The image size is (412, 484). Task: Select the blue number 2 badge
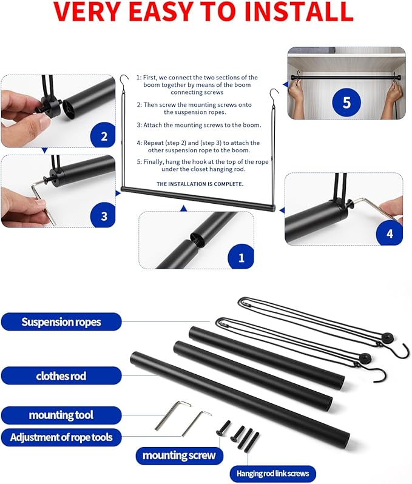click(103, 135)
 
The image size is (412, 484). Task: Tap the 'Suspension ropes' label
click(61, 321)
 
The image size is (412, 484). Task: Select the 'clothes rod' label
click(61, 375)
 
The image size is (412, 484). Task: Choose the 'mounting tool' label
click(61, 415)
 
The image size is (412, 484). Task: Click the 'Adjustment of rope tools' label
click(61, 437)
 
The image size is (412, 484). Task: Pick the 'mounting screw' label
click(179, 455)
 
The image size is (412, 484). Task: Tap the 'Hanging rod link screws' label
click(272, 473)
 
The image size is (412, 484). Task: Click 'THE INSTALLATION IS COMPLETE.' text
click(200, 183)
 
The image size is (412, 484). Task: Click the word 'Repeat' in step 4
click(155, 143)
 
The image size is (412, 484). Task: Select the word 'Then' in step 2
click(153, 104)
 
